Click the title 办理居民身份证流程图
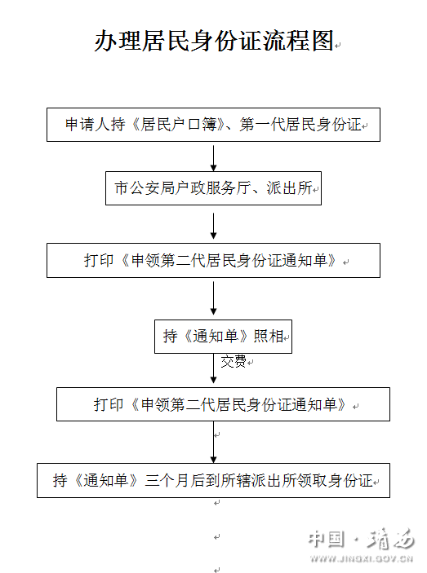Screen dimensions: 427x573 [214, 41]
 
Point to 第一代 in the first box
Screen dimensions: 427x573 [262, 125]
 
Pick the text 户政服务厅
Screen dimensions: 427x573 [213, 188]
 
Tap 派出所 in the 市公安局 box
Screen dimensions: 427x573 [289, 188]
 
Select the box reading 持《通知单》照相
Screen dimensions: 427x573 [223, 337]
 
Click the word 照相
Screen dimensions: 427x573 [269, 336]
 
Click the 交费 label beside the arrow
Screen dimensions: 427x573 [234, 361]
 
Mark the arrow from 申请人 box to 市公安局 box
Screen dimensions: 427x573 [213, 158]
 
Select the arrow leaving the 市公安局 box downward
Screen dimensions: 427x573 [213, 227]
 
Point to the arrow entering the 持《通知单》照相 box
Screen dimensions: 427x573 [213, 298]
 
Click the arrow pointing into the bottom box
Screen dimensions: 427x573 [213, 442]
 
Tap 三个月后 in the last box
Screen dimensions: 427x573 [175, 481]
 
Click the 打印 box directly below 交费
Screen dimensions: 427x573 [223, 404]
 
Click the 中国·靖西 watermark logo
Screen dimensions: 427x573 [361, 539]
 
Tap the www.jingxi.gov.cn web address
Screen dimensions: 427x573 [362, 559]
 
